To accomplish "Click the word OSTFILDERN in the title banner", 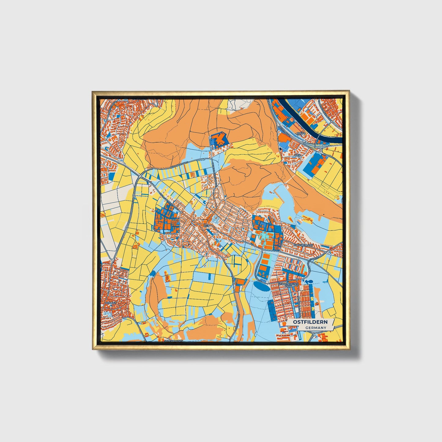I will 310,322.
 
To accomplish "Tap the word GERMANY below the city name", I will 316,328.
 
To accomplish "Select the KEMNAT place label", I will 110,303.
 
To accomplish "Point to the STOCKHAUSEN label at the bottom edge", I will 173,340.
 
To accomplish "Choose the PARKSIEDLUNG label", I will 303,245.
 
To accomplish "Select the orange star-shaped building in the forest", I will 219,139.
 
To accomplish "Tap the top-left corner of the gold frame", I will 93,91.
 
